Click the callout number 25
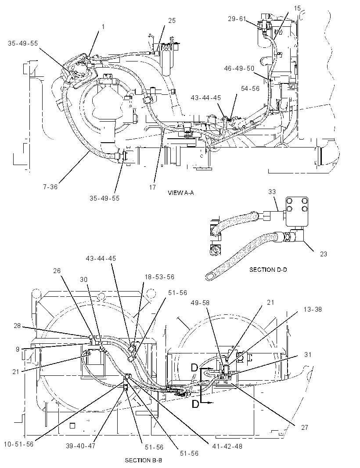click(172, 21)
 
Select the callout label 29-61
click(237, 19)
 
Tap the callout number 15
click(297, 8)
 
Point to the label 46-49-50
click(239, 68)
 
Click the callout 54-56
click(250, 89)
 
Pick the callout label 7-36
click(50, 187)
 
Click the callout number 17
click(152, 187)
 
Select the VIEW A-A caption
click(181, 193)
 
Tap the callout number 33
click(272, 192)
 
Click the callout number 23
click(323, 254)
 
